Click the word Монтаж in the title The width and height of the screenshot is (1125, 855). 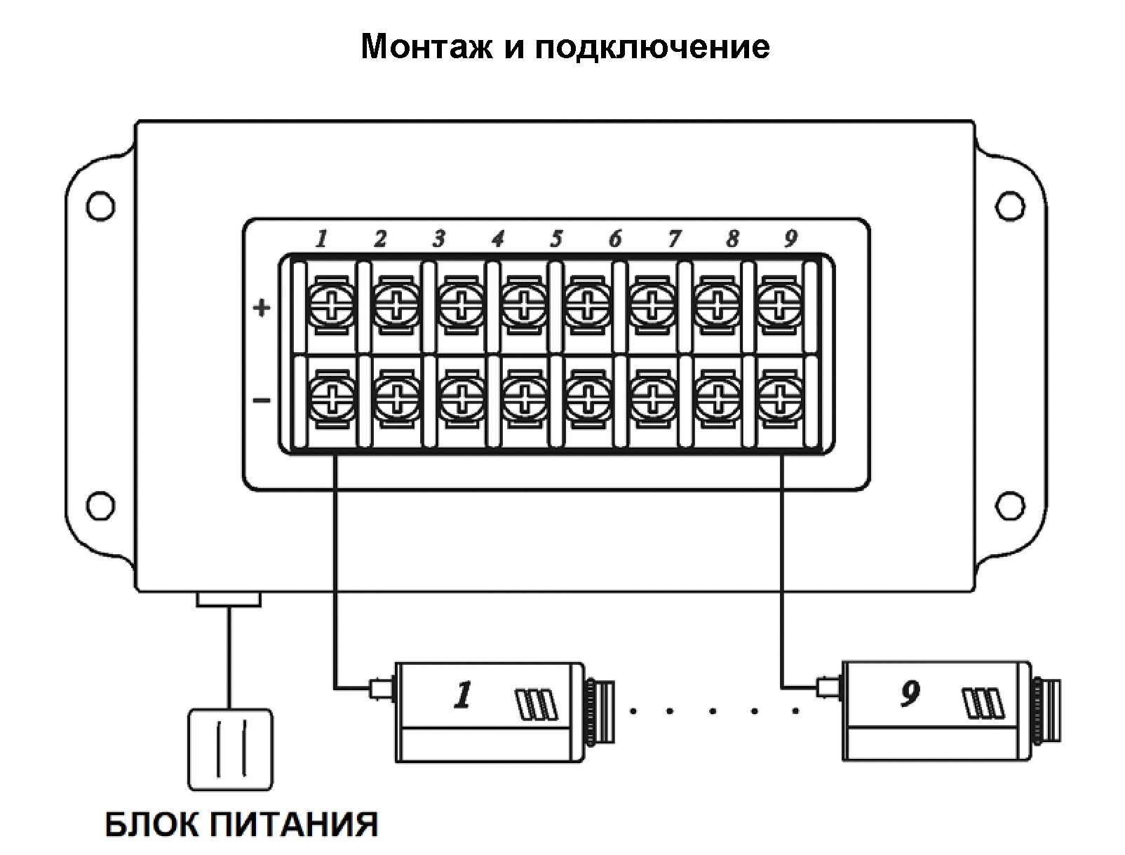425,47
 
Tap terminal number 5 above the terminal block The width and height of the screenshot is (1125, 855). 556,238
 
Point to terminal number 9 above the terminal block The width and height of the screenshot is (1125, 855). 790,238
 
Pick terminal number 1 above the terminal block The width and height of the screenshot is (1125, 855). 321,238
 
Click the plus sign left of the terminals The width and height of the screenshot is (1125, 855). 262,307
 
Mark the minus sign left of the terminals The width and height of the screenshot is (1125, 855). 262,400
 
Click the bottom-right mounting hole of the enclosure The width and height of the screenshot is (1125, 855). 1009,505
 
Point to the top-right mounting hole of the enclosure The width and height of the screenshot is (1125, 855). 1009,206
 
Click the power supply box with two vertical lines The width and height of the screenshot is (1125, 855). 230,749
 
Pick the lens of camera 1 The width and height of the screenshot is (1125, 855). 600,710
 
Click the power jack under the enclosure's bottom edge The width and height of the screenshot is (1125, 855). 229,598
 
